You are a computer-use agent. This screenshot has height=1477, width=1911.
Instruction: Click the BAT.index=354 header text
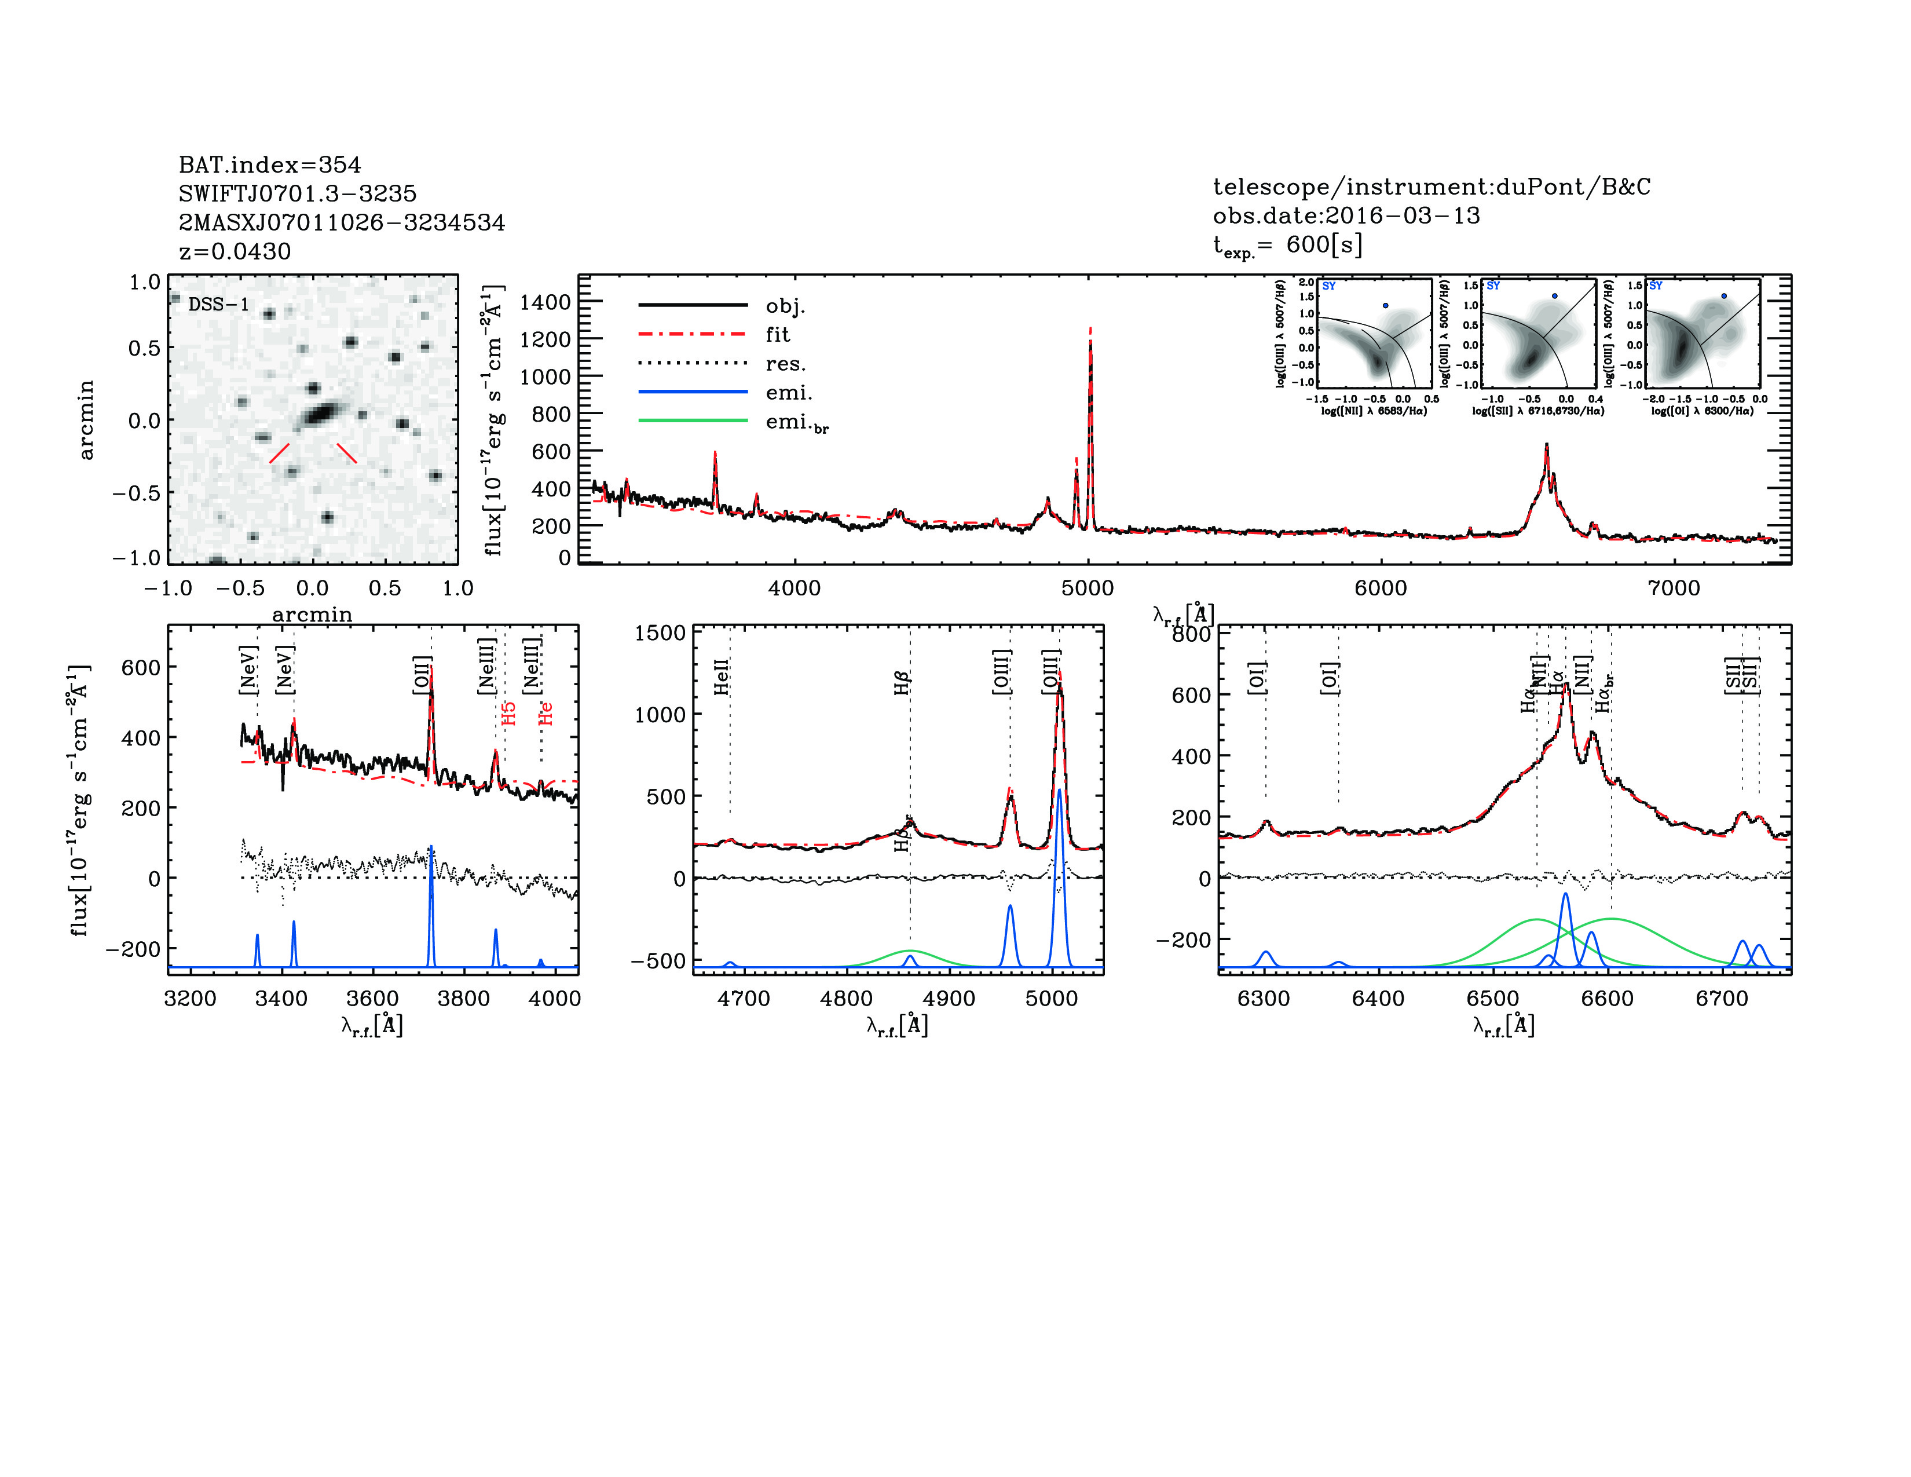[x=269, y=164]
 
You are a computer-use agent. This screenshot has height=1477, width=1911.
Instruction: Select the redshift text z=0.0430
[x=235, y=251]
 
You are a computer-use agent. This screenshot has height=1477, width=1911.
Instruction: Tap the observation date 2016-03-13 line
[x=1346, y=215]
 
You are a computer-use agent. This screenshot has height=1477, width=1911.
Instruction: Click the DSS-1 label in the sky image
[x=219, y=305]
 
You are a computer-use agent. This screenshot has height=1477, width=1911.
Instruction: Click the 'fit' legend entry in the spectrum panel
[x=777, y=334]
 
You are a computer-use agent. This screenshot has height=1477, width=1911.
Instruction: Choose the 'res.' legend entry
[x=785, y=363]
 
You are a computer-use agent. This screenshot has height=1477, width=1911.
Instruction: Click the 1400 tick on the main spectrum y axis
[x=544, y=302]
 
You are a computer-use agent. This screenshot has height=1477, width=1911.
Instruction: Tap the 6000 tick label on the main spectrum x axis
[x=1380, y=588]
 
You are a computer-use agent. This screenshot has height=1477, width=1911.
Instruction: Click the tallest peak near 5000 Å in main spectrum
[x=1090, y=343]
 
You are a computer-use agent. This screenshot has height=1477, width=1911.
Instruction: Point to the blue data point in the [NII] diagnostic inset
[x=1385, y=305]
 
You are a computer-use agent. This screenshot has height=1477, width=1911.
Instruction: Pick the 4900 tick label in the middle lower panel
[x=949, y=999]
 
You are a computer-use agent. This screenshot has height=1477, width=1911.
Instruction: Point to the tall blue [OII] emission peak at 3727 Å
[x=430, y=849]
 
